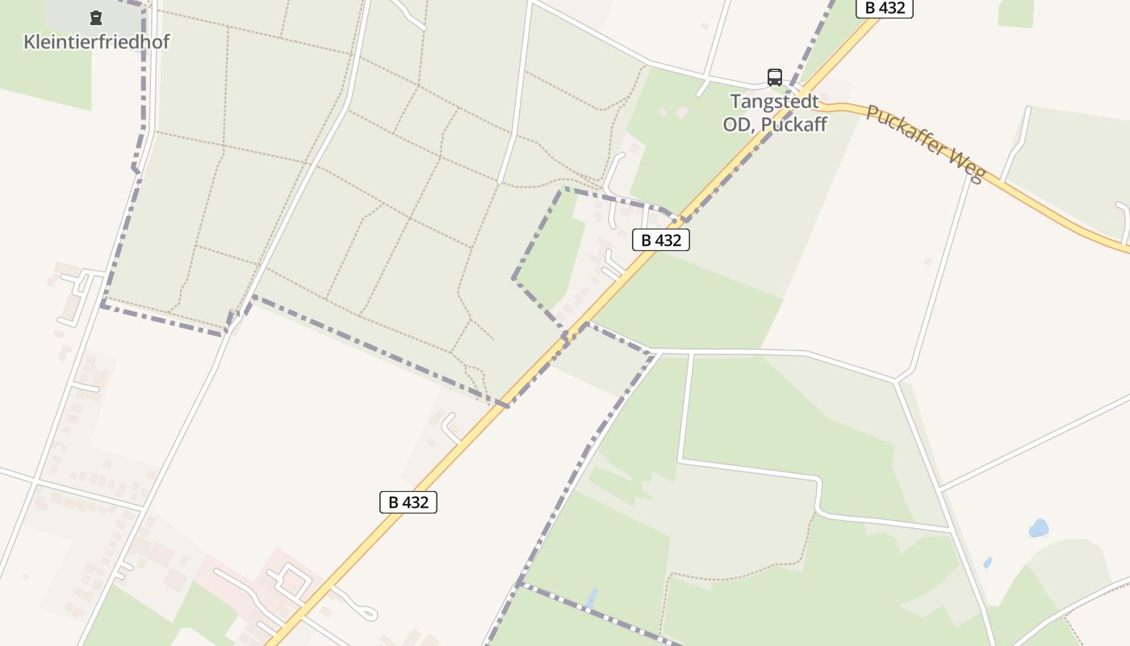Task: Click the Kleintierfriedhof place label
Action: click(97, 42)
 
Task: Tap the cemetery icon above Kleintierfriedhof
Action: click(96, 17)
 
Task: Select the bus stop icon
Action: click(775, 78)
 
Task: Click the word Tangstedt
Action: click(775, 102)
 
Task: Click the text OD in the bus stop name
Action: click(736, 124)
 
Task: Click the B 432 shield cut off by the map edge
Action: click(885, 8)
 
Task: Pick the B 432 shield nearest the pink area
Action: click(408, 502)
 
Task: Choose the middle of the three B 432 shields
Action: click(661, 240)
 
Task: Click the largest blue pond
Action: click(1039, 528)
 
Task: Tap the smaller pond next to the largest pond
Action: click(988, 562)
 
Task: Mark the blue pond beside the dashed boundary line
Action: click(593, 598)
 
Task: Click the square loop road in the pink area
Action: click(293, 580)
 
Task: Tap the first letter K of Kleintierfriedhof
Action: click(30, 42)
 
